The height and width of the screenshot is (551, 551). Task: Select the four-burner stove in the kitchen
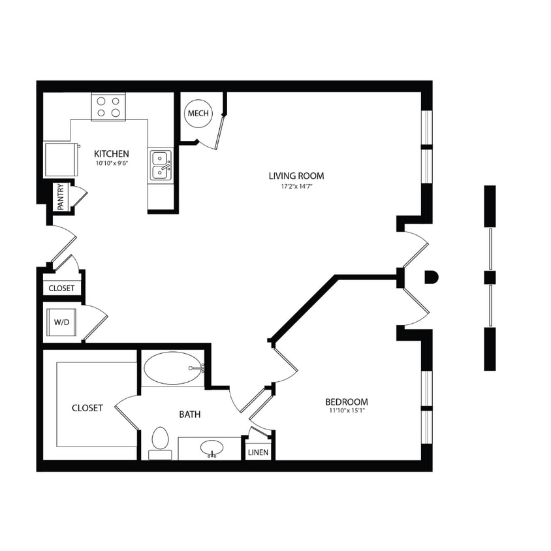(108, 107)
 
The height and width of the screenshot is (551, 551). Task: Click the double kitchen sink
(161, 165)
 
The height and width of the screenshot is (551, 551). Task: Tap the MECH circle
(198, 114)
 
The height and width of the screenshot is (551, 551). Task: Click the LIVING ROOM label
(296, 176)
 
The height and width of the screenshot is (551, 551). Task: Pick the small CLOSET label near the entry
(61, 288)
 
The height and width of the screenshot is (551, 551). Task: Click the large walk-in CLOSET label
(87, 408)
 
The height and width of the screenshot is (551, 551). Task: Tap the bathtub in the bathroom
(173, 368)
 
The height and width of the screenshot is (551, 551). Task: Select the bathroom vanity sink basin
(212, 449)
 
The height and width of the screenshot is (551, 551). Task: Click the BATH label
(190, 414)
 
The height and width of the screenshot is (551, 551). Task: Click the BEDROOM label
(346, 401)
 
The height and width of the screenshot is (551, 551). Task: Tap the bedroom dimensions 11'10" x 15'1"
(346, 411)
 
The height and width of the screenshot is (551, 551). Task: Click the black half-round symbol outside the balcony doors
(431, 277)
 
